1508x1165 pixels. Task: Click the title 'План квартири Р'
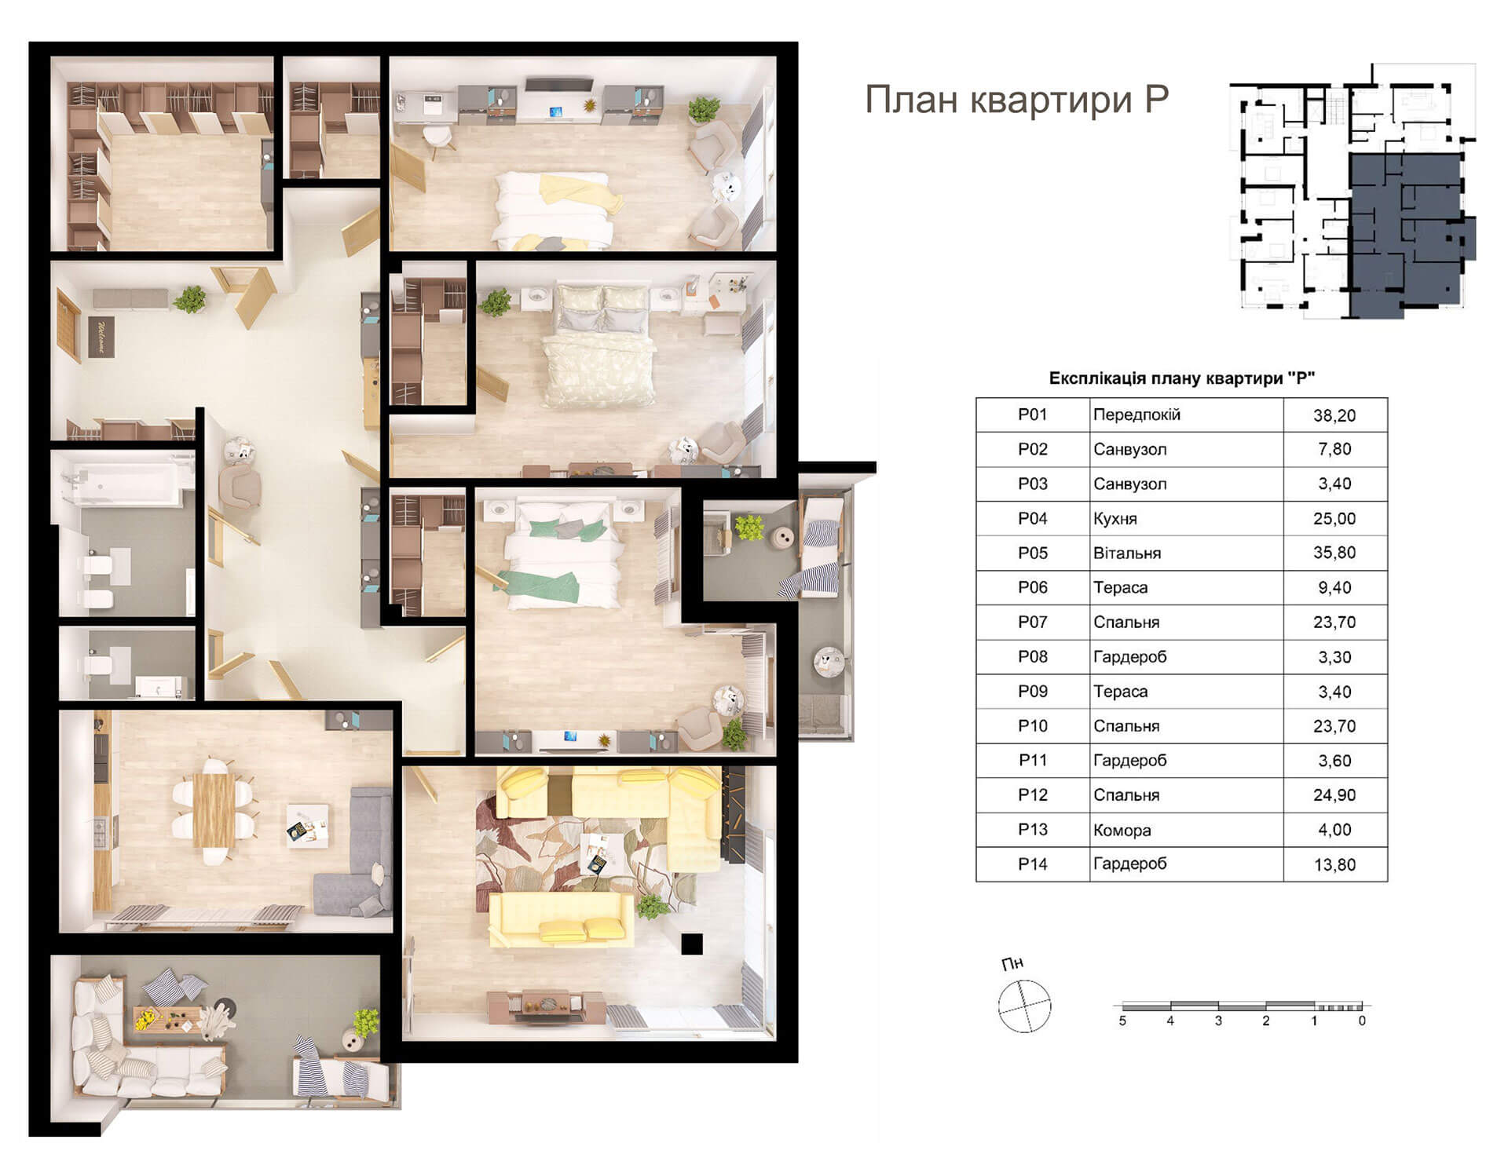click(x=1016, y=100)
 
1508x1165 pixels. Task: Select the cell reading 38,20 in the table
click(x=1334, y=415)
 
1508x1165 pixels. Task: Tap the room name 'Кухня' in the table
click(x=1115, y=519)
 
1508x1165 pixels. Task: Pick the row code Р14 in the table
click(x=1033, y=864)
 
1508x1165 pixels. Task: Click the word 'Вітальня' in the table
click(x=1127, y=553)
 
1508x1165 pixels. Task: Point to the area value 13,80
click(x=1334, y=865)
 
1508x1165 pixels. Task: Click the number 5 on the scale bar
click(x=1122, y=1021)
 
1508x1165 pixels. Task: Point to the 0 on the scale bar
click(x=1362, y=1021)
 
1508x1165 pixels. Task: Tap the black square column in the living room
click(x=692, y=943)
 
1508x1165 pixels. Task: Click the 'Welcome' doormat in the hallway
click(x=101, y=336)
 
